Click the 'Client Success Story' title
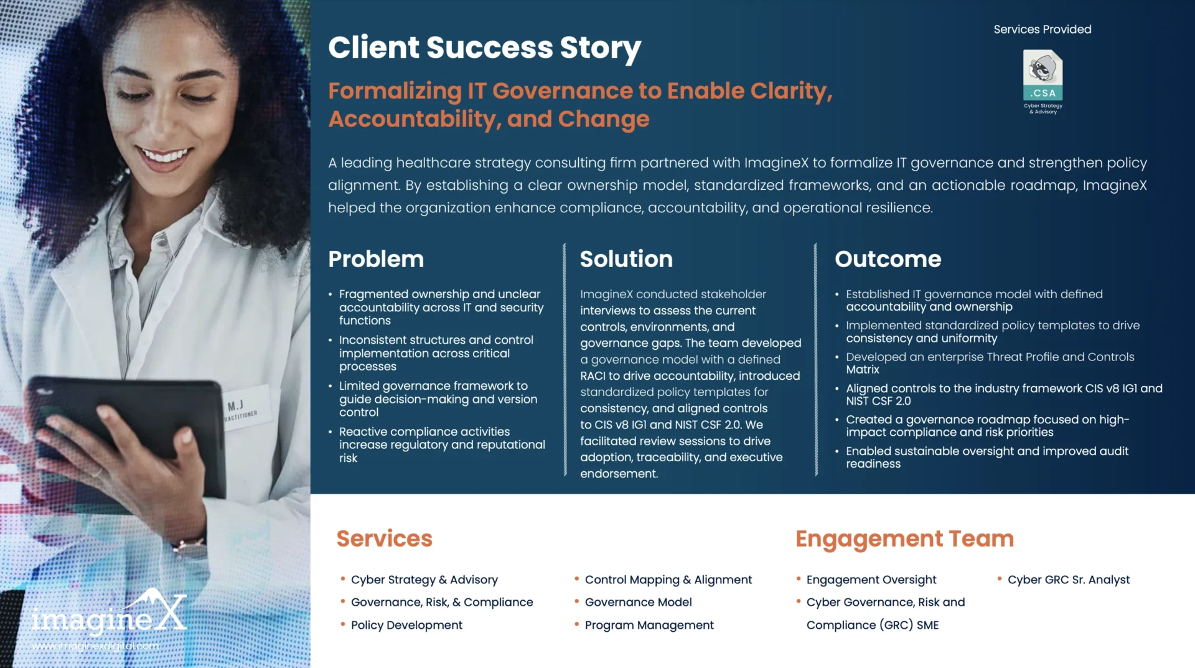(484, 48)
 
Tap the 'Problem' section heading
(376, 259)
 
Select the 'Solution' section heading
(626, 259)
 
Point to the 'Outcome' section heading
(888, 259)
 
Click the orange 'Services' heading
(384, 539)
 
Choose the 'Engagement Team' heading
(904, 539)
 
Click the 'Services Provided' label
(1043, 29)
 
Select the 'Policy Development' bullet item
(406, 625)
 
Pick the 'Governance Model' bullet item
(638, 602)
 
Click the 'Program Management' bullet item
(649, 625)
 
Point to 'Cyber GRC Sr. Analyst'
(1069, 580)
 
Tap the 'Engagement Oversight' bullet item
(871, 580)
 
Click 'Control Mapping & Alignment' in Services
(668, 580)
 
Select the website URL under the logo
(95, 646)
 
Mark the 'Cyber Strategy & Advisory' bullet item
(424, 580)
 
